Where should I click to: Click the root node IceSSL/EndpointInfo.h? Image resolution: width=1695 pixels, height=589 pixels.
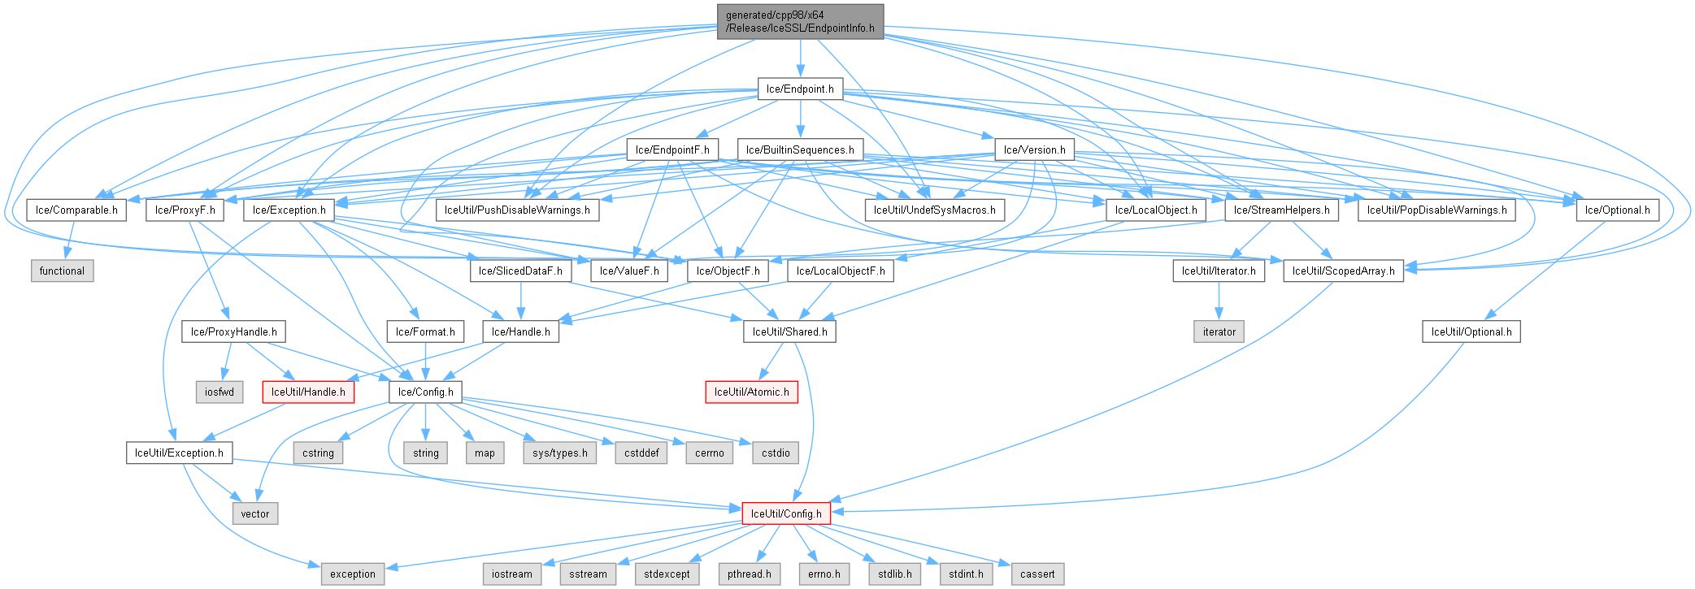pyautogui.click(x=800, y=21)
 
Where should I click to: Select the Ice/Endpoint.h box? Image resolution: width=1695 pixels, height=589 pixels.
pyautogui.click(x=800, y=89)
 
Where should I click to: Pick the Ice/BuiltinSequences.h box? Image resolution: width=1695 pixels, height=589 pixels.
pyautogui.click(x=800, y=149)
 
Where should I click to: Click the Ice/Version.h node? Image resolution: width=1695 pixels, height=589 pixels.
pyautogui.click(x=1034, y=149)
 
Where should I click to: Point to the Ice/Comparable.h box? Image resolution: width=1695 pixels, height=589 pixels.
pyautogui.click(x=76, y=210)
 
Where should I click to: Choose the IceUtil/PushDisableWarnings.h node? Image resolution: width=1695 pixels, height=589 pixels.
pyautogui.click(x=517, y=210)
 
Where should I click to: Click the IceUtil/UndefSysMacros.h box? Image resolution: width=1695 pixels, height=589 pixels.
pyautogui.click(x=934, y=210)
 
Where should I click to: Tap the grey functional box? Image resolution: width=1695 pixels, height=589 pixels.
pyautogui.click(x=62, y=271)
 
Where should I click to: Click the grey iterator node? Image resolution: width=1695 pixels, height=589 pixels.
pyautogui.click(x=1219, y=331)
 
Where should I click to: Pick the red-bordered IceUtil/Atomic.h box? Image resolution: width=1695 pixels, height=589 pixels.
pyautogui.click(x=751, y=392)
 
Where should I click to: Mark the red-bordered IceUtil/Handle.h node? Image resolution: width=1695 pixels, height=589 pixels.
pyautogui.click(x=308, y=392)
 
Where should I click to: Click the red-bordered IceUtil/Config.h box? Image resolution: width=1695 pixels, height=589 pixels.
pyautogui.click(x=786, y=513)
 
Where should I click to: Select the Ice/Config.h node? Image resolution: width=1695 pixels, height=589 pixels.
pyautogui.click(x=426, y=392)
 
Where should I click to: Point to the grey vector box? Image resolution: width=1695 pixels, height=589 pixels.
pyautogui.click(x=255, y=513)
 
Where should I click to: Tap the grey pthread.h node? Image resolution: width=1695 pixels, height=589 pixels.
pyautogui.click(x=749, y=574)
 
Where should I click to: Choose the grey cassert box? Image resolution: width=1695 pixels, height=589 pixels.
pyautogui.click(x=1037, y=574)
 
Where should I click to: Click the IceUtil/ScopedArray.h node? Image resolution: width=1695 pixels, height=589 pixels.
pyautogui.click(x=1343, y=271)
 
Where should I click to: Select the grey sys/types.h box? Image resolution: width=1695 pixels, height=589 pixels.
pyautogui.click(x=560, y=453)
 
